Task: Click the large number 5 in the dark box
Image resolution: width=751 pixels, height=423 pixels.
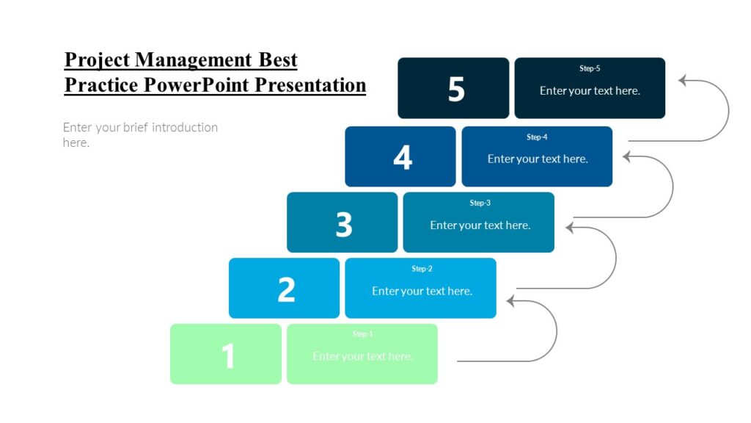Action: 456,89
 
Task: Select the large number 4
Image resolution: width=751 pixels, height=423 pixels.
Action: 403,157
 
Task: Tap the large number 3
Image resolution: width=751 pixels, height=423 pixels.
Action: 344,224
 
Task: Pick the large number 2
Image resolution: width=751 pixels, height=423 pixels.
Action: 286,290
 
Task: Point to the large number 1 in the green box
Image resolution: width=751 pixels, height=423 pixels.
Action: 229,356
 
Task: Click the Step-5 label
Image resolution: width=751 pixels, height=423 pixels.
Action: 590,68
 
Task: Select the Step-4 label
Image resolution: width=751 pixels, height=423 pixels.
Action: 537,137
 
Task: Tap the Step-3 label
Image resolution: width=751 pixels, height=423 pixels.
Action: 480,203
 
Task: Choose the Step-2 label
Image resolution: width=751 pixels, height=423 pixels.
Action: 422,269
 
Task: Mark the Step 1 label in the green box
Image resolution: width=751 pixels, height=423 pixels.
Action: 362,334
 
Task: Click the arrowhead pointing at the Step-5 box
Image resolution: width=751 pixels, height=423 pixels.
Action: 684,81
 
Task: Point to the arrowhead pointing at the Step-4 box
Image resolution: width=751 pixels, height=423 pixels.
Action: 628,156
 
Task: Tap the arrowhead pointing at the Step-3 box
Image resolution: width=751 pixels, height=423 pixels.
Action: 571,227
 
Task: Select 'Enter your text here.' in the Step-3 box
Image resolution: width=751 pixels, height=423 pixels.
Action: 480,225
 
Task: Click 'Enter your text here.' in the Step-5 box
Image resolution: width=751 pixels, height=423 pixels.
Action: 590,91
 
